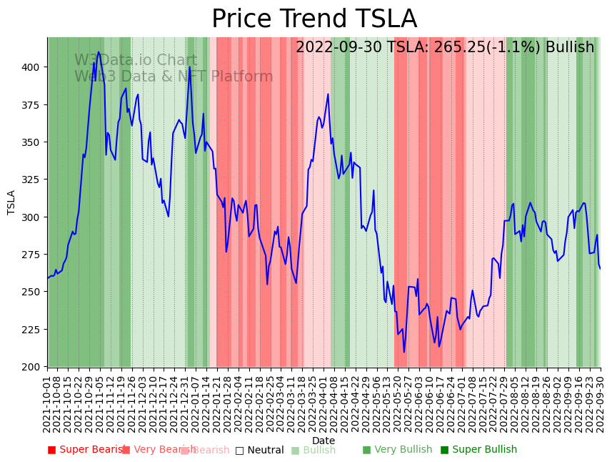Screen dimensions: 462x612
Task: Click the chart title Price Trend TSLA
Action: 314,19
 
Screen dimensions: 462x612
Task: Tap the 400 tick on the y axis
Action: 33,67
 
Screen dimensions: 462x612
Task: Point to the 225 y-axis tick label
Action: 33,330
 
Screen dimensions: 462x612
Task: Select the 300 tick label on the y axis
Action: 33,217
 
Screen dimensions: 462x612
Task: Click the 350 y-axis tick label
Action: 33,142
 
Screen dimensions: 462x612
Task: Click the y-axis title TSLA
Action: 11,202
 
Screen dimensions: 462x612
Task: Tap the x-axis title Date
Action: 323,441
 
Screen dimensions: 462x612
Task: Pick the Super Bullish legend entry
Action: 478,450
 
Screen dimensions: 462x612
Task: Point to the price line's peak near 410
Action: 99,52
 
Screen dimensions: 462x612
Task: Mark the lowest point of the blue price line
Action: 403,352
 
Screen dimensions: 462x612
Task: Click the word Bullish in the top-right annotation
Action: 570,47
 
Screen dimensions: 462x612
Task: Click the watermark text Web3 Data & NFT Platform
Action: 174,77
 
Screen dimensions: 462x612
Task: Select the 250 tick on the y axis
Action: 33,292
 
